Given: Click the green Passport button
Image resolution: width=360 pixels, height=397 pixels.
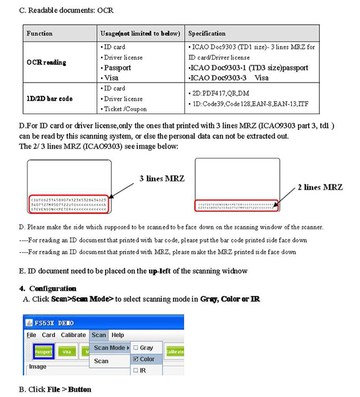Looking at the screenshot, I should coord(44,351).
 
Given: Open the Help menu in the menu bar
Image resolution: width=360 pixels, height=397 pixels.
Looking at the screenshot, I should coord(118,335).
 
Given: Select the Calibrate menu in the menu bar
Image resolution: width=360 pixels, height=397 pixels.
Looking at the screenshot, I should coord(73,335).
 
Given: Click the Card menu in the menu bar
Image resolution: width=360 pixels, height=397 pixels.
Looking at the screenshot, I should coord(48,335).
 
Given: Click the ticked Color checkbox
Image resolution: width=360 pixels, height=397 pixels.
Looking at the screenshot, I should coord(135,359).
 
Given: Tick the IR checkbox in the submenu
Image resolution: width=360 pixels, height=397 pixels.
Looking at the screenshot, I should coord(135,371).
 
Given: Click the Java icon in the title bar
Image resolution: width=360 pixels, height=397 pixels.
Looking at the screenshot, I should coord(30,323).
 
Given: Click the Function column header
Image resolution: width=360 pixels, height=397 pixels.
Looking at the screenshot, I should coord(40,34).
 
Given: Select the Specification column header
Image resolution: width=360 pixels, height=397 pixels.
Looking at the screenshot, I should coord(207,34).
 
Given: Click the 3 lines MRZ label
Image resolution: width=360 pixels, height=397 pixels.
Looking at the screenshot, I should coord(162,179).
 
